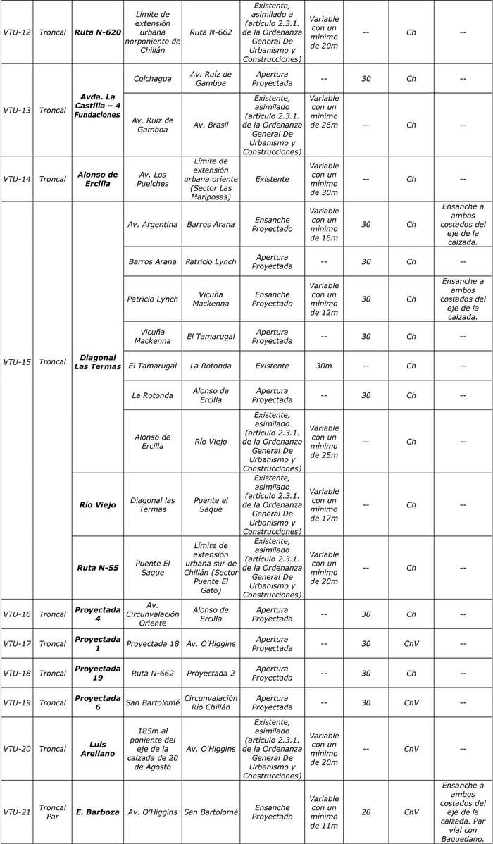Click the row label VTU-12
click(x=17, y=32)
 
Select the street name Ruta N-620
click(x=97, y=32)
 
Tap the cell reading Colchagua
click(x=152, y=79)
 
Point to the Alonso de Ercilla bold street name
click(x=97, y=179)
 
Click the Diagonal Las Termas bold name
click(x=97, y=361)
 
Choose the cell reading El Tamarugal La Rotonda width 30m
click(x=324, y=366)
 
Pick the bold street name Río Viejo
click(x=97, y=504)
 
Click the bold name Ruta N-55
click(x=97, y=568)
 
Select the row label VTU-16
click(x=17, y=614)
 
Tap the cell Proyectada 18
click(x=152, y=643)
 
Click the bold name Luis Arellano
click(x=97, y=749)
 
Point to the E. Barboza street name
click(x=97, y=812)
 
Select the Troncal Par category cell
click(x=53, y=812)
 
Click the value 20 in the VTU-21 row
click(x=366, y=812)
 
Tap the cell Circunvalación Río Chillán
click(x=211, y=702)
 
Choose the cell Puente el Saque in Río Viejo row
click(x=211, y=504)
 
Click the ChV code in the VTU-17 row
click(x=411, y=643)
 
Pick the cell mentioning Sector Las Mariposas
click(x=211, y=179)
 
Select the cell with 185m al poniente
click(x=152, y=749)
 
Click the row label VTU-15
click(x=17, y=361)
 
